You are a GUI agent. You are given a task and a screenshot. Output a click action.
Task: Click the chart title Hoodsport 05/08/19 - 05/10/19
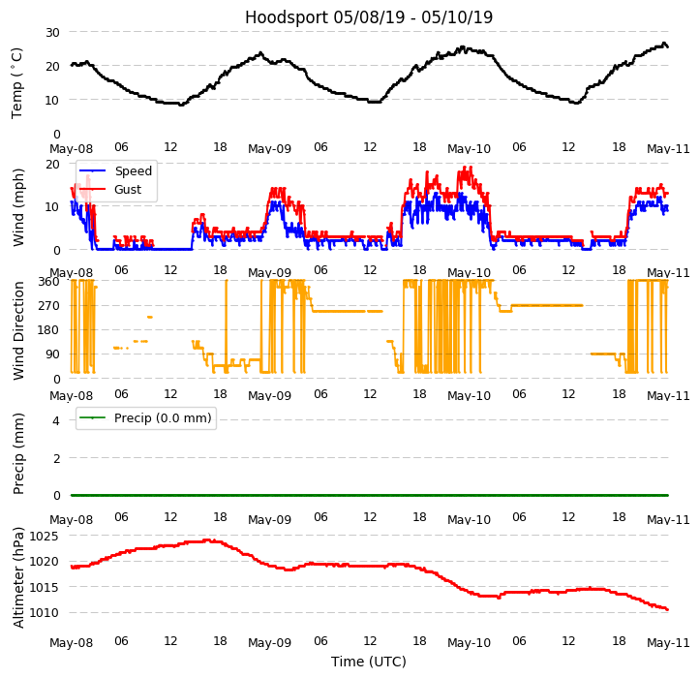(368, 17)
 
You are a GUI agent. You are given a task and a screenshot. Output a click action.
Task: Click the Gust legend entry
(127, 190)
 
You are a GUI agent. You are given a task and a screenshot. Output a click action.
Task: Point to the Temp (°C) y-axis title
(17, 82)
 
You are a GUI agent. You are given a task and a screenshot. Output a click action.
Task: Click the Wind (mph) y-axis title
(18, 206)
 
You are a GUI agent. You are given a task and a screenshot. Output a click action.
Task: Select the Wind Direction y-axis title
(18, 330)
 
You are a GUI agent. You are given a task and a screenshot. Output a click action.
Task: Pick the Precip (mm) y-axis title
(18, 453)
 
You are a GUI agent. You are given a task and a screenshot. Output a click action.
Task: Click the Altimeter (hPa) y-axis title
(18, 577)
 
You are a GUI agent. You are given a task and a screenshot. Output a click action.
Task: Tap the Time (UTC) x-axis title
(368, 662)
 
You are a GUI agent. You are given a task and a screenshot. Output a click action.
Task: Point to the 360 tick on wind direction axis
(48, 281)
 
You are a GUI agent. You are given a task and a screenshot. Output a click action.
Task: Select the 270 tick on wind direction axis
(48, 305)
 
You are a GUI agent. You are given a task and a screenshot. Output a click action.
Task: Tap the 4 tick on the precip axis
(55, 420)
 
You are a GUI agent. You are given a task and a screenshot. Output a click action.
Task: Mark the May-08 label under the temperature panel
(72, 149)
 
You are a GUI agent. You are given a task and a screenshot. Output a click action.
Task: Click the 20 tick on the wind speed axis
(52, 164)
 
